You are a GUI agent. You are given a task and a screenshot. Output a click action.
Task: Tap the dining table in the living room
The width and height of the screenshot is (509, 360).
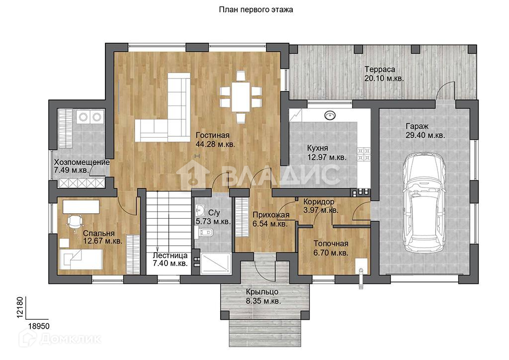click(241, 97)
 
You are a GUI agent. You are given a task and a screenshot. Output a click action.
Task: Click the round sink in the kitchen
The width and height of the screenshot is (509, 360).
click(330, 115)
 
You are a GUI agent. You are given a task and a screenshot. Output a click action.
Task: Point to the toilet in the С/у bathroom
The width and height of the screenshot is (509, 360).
click(205, 232)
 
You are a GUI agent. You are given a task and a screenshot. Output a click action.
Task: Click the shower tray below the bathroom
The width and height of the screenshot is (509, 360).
click(216, 263)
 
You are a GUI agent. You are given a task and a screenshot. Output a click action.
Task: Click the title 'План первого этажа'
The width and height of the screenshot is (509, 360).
click(256, 10)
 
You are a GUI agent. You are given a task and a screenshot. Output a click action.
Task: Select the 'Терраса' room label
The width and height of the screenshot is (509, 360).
click(380, 69)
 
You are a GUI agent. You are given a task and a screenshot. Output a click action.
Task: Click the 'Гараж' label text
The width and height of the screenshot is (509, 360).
click(417, 126)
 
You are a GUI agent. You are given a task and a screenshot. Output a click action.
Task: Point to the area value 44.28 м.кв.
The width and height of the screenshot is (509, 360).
click(215, 144)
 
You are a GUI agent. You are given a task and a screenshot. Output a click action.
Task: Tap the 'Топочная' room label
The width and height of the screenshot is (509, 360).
click(331, 243)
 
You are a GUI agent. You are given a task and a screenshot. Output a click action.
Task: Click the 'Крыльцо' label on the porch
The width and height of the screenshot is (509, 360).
click(262, 291)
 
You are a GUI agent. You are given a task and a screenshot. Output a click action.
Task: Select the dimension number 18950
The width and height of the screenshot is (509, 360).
click(39, 326)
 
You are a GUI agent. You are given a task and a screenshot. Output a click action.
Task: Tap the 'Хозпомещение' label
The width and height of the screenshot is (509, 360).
click(82, 162)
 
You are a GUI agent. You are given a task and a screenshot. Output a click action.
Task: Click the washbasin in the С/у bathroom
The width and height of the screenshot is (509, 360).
click(201, 210)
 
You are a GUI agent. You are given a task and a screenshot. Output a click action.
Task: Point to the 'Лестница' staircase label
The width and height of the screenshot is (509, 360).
click(170, 256)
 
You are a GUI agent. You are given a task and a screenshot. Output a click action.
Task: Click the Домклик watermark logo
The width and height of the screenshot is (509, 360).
click(60, 339)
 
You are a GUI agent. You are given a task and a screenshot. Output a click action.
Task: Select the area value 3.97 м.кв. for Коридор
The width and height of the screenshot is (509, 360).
click(321, 210)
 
